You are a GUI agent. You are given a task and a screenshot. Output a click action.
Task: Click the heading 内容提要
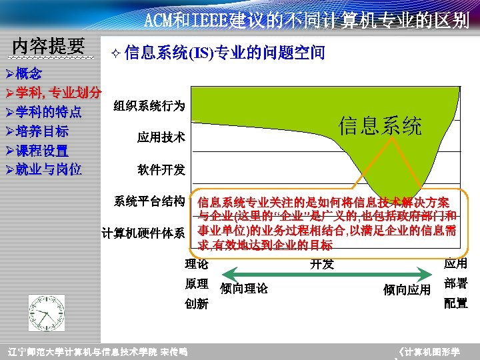49,46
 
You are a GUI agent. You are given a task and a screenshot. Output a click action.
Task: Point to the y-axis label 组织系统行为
149,106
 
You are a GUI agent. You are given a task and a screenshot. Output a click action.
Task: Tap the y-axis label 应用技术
161,138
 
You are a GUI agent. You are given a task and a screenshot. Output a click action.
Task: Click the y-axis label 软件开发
161,170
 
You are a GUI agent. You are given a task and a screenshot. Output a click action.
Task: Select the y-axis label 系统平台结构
149,201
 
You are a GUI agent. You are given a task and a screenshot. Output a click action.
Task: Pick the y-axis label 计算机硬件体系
143,233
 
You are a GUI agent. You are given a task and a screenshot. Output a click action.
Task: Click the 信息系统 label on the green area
380,125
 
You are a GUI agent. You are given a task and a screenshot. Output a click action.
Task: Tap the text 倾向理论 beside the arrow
243,289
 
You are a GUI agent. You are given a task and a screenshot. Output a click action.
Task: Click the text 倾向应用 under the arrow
407,289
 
